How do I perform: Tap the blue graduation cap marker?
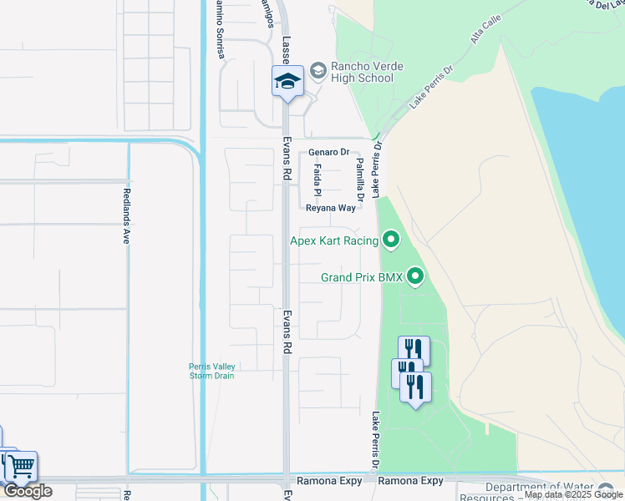[x=287, y=82]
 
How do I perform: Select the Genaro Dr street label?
[x=328, y=153]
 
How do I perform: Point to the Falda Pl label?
[x=318, y=177]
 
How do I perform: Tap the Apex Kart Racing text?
[x=334, y=241]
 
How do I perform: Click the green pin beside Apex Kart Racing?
[x=390, y=241]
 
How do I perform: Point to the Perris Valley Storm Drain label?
[x=211, y=371]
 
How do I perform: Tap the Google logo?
[x=27, y=491]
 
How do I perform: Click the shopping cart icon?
[x=20, y=466]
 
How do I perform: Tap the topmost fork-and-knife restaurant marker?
[x=414, y=351]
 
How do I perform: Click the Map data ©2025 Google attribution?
[x=573, y=495]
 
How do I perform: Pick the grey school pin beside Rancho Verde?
[x=318, y=71]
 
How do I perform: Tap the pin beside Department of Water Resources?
[x=606, y=490]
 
